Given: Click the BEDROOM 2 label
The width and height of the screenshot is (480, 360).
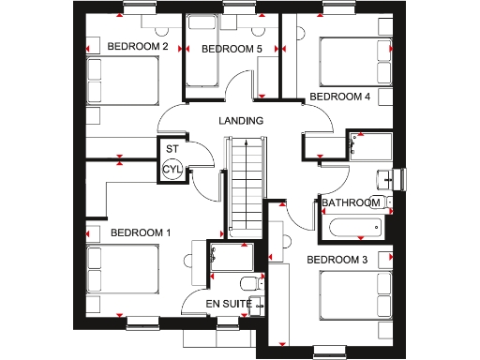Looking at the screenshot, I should [x=137, y=46].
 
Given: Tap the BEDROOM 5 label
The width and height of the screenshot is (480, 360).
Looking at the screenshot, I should [x=231, y=49].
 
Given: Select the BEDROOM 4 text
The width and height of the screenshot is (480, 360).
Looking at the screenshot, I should [x=339, y=97].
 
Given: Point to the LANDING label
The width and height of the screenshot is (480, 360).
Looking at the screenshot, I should [x=241, y=121].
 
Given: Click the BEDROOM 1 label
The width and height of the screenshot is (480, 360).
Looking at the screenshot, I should [x=141, y=232].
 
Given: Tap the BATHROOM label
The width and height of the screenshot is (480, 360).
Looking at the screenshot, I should [x=351, y=202].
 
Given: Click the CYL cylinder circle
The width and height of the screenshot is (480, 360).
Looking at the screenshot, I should [x=172, y=170].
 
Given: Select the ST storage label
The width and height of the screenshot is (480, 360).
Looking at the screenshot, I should [x=172, y=149].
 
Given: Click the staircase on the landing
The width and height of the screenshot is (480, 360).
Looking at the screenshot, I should [x=242, y=183].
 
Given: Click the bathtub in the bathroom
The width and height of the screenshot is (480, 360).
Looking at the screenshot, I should [x=353, y=226].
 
